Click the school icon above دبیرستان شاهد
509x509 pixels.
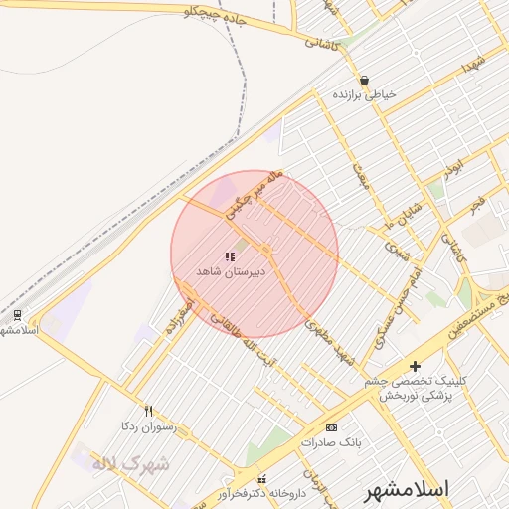[231, 256]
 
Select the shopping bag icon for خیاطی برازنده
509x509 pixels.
[365, 81]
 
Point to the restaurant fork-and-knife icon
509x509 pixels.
[149, 410]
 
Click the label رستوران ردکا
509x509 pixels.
[147, 425]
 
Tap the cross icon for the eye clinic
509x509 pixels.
[416, 366]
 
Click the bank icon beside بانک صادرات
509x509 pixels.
[331, 427]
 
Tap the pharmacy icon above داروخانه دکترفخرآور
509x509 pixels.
[261, 479]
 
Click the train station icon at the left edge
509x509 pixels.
[17, 314]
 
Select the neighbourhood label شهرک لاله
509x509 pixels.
[130, 464]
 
